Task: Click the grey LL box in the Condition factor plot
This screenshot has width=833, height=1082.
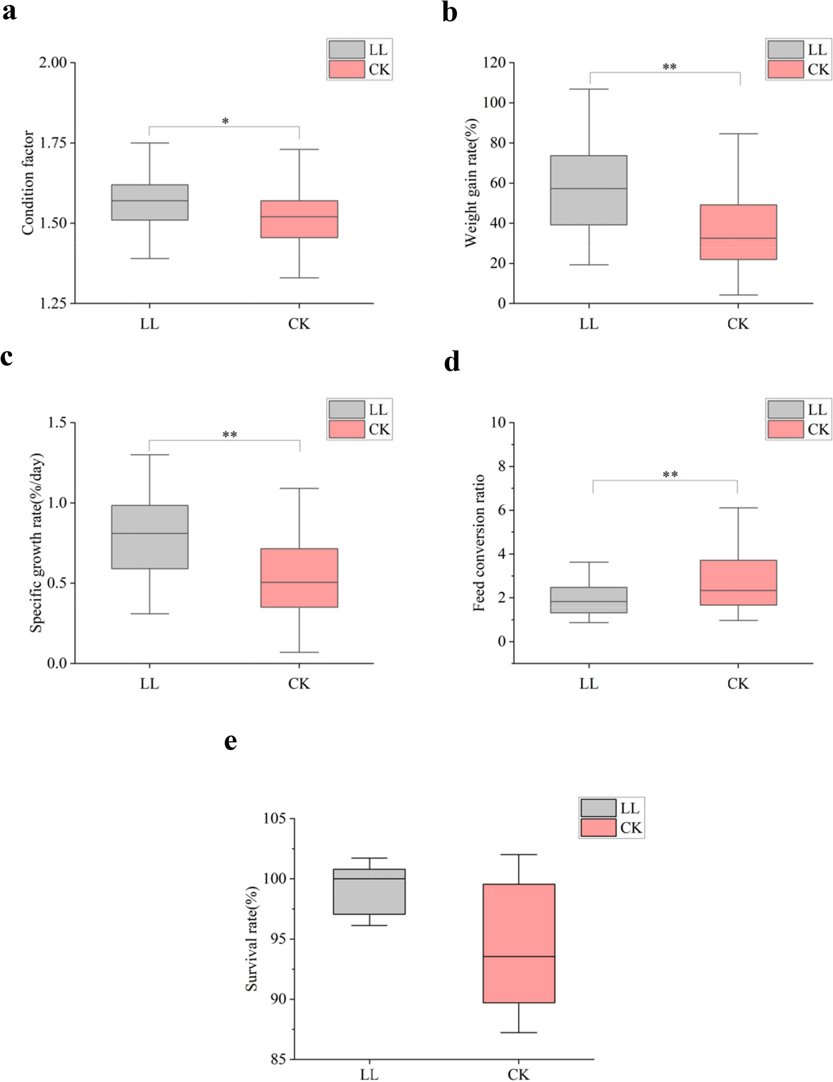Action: point(150,202)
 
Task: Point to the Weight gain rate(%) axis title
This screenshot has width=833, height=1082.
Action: point(471,183)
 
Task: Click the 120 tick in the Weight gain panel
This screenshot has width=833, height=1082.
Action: point(495,63)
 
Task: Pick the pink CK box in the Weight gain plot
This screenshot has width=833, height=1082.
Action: point(738,232)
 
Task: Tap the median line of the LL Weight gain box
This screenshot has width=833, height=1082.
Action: point(589,188)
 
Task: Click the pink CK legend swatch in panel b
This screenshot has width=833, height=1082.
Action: point(786,69)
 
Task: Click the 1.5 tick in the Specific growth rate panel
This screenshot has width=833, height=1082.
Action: point(58,423)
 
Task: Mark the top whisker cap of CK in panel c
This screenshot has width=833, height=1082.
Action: point(299,489)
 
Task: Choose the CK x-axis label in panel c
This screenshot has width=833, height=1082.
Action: point(299,684)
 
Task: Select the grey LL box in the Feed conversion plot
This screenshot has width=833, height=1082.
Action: point(589,600)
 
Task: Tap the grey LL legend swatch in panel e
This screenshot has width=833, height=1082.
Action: point(598,808)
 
